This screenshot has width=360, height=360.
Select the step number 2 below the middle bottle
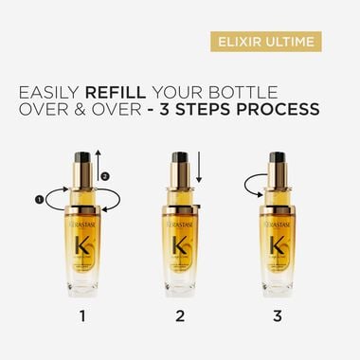click(x=180, y=310)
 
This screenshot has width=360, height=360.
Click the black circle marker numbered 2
click(x=106, y=175)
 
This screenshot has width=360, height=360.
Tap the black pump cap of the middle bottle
click(x=180, y=157)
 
